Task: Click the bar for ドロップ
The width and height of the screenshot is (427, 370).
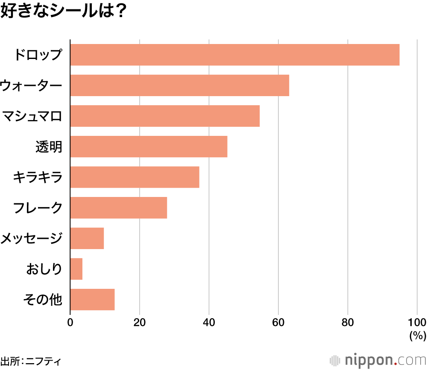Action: point(234,55)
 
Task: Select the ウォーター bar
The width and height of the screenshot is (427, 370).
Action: point(179,85)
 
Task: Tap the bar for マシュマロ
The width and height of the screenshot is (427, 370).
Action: point(165,116)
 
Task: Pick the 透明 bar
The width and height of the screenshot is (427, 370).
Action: point(149,147)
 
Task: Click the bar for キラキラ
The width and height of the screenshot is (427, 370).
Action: point(135,177)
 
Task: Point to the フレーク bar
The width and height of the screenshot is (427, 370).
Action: point(118,208)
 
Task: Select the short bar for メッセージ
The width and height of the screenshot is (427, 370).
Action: point(87,238)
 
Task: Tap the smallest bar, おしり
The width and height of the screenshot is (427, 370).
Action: point(76,269)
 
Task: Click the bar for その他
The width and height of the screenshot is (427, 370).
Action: point(92,300)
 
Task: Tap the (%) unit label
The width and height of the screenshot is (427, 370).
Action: point(418,336)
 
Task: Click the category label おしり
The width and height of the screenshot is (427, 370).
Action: point(44,269)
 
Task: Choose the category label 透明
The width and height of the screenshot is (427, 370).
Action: point(49,147)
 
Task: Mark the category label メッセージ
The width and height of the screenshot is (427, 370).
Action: point(32,238)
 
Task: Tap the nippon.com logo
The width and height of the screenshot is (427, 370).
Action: point(378,360)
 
